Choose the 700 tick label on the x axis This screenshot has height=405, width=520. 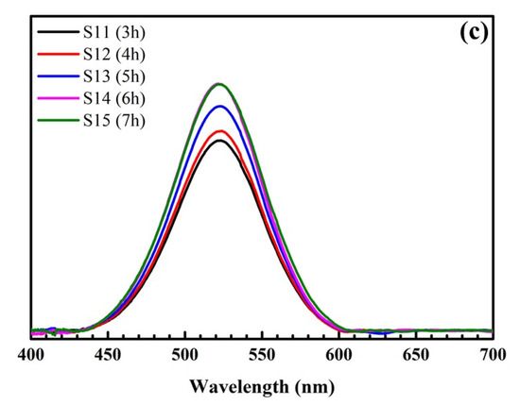[x=490, y=354]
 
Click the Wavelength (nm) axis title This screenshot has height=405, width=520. [x=261, y=386]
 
